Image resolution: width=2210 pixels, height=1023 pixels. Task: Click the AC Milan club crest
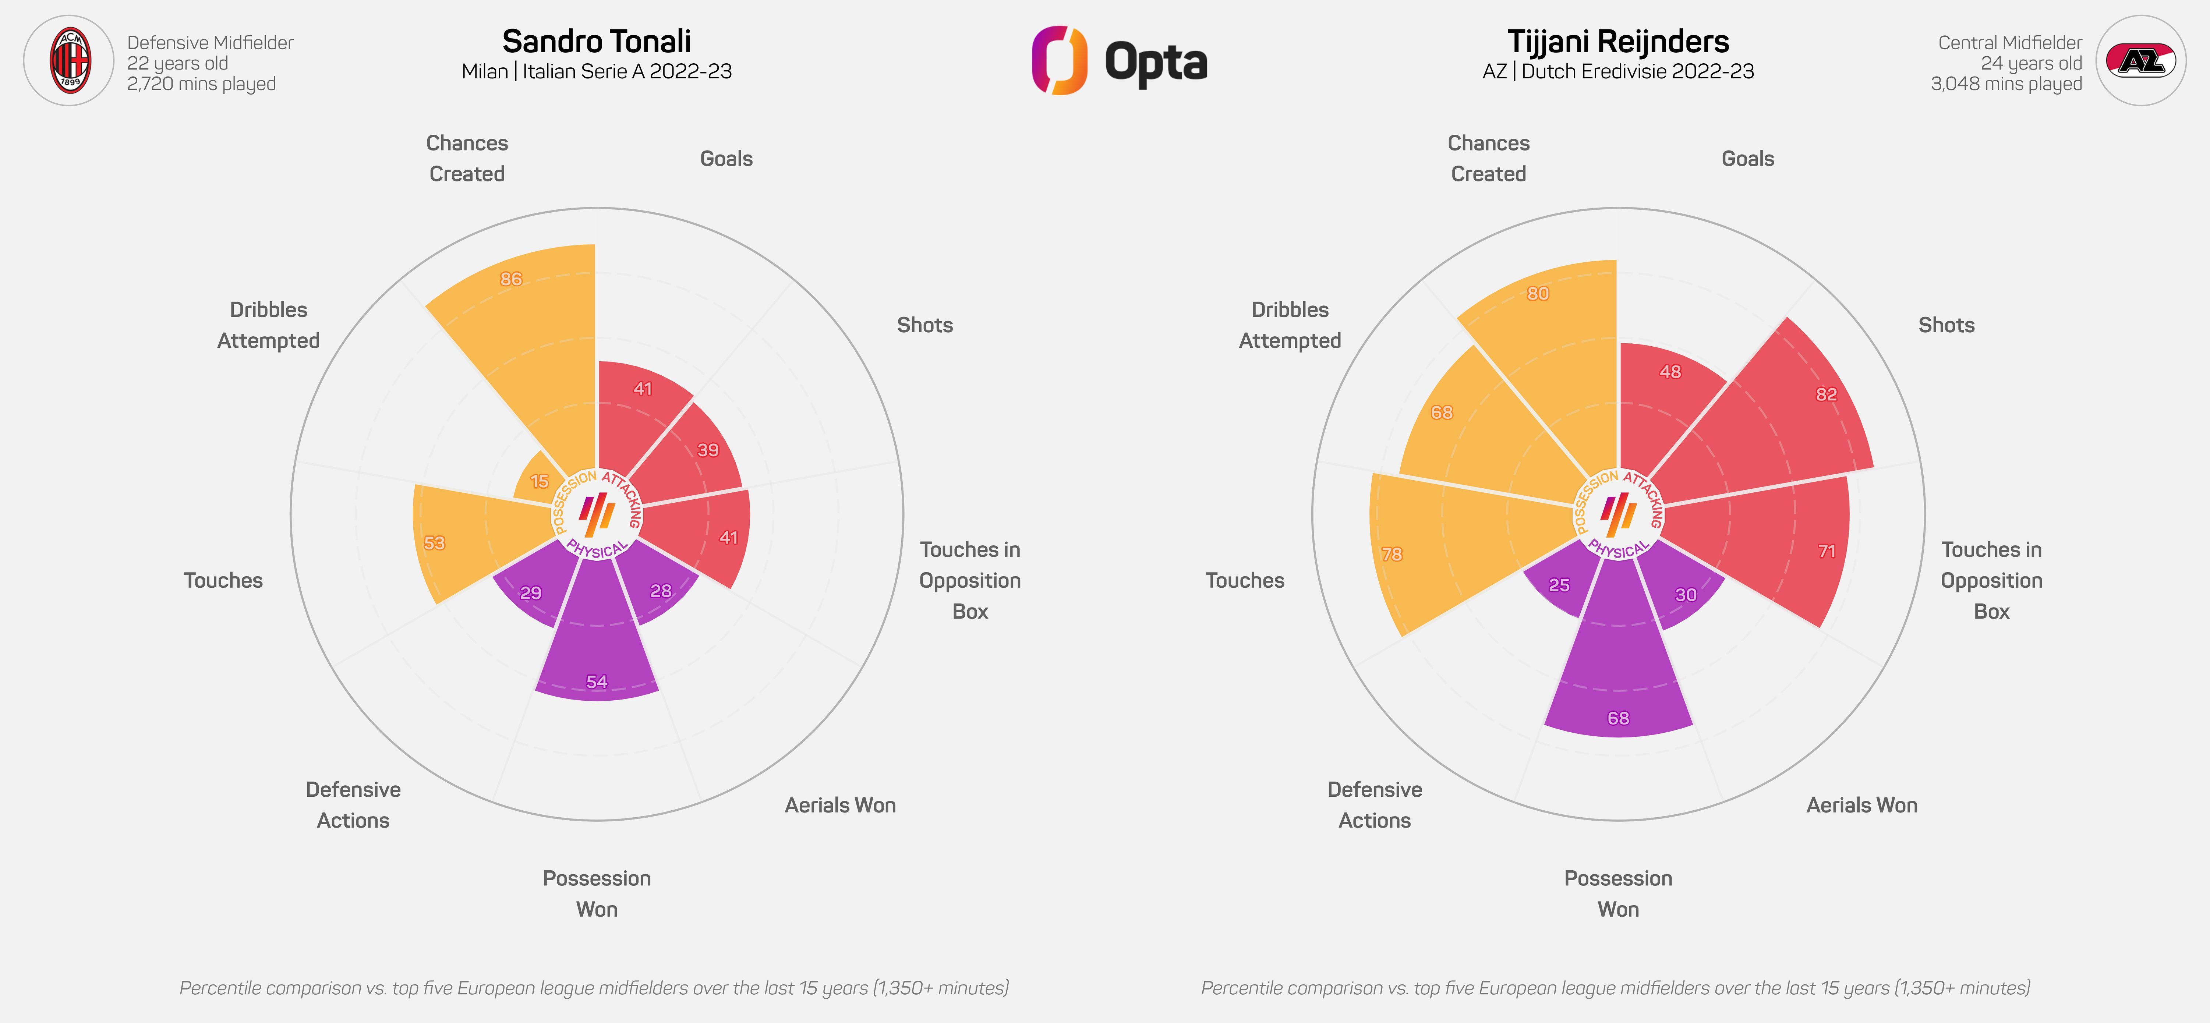click(68, 61)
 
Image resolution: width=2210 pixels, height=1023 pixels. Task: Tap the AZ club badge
click(2140, 61)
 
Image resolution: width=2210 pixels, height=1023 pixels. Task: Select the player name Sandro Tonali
click(596, 41)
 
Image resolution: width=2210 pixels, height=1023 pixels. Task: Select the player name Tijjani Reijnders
click(1618, 41)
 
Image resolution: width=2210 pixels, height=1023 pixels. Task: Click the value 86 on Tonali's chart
click(511, 279)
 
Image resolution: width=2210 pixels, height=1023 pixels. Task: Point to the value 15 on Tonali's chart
click(540, 481)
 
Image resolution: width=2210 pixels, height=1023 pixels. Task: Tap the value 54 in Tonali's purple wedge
click(596, 682)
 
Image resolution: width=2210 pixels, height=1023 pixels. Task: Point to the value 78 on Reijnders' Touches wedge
click(1392, 554)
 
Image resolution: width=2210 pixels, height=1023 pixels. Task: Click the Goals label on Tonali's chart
click(726, 159)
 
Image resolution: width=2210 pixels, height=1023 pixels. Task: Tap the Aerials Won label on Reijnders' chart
click(1862, 805)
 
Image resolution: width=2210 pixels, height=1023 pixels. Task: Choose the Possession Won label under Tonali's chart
click(596, 893)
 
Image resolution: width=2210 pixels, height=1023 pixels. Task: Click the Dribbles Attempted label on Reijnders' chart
click(1290, 325)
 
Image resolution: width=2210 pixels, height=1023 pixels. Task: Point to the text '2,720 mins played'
click(202, 84)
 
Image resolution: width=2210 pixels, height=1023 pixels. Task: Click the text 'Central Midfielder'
click(2009, 43)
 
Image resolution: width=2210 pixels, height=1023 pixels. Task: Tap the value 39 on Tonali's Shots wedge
click(708, 449)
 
